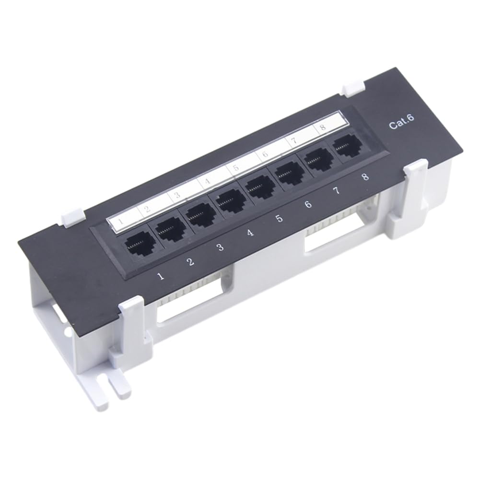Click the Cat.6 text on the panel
[x=401, y=124]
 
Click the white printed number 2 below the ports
[x=190, y=262]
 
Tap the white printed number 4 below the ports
[x=249, y=233]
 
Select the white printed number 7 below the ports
[x=336, y=191]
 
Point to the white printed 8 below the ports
[x=365, y=177]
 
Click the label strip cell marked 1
[x=119, y=221]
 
